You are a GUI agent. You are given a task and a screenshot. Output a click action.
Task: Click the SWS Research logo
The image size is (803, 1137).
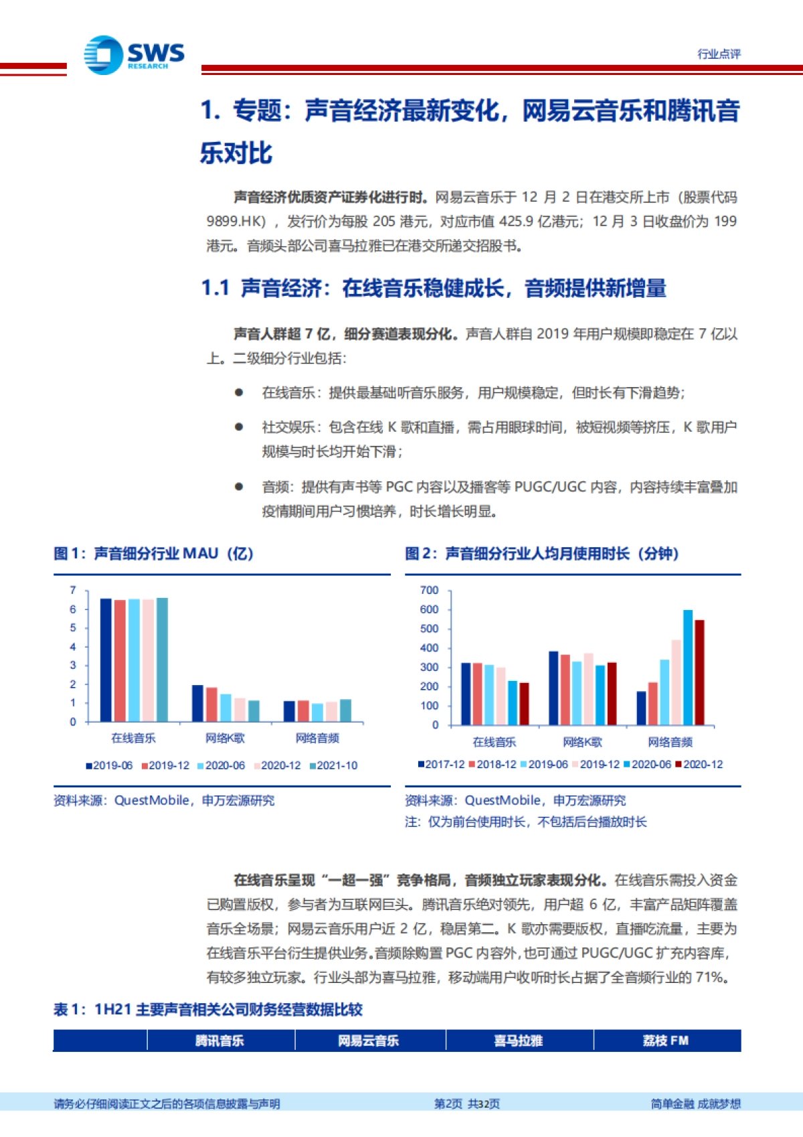[134, 54]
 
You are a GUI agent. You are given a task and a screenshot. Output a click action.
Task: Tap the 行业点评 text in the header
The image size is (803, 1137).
[719, 54]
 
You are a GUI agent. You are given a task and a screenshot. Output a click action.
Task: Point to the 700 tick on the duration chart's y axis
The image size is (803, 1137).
[429, 590]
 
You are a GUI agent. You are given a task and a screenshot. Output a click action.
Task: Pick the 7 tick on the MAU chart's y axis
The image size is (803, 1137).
[73, 590]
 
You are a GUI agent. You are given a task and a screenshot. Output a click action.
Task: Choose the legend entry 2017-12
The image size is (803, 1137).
[441, 764]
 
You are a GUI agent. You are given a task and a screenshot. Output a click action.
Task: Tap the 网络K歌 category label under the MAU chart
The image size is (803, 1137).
[225, 738]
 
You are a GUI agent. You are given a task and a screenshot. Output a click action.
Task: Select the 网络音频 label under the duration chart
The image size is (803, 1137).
[670, 742]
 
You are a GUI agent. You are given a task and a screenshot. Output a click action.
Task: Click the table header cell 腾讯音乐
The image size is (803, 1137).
[219, 1041]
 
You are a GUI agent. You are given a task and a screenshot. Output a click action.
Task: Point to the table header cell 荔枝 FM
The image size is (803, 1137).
[666, 1041]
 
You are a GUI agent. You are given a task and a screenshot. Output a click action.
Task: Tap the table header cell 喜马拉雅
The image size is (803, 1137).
[519, 1041]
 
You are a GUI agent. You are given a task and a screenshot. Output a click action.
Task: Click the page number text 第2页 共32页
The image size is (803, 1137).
[467, 1104]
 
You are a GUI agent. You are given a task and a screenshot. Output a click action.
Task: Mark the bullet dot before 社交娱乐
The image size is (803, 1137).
[239, 427]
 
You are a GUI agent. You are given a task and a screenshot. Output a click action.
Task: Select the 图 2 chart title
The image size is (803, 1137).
[542, 554]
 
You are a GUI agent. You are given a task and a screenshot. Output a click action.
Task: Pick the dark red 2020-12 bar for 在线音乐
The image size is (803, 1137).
[524, 703]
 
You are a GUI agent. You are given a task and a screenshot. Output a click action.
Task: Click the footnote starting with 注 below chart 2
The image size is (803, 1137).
[526, 822]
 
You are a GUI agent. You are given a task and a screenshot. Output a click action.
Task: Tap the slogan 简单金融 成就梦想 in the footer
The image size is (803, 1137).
[696, 1104]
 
